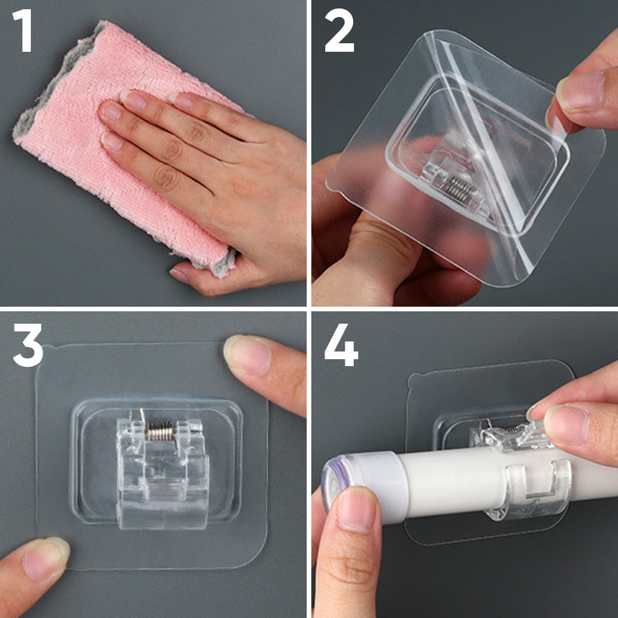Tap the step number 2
pyautogui.click(x=339, y=31)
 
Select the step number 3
pyautogui.click(x=28, y=345)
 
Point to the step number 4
pyautogui.click(x=341, y=345)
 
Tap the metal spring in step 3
pyautogui.click(x=160, y=431)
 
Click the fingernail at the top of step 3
pyautogui.click(x=247, y=354)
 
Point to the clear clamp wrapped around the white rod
pyautogui.click(x=528, y=489)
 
